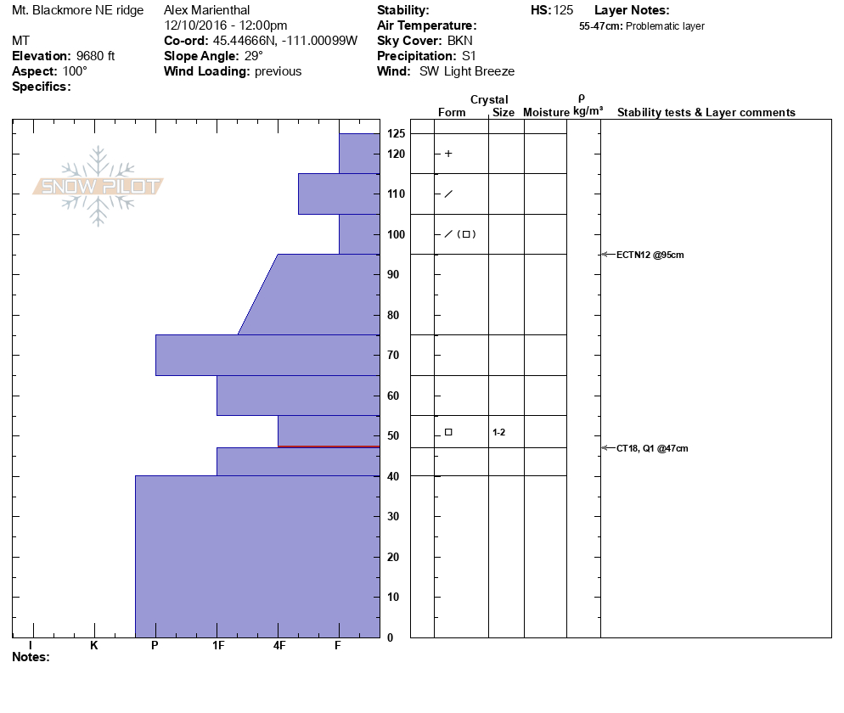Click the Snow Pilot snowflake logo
pos(98,186)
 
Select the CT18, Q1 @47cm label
pos(652,448)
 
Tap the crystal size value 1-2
pos(498,433)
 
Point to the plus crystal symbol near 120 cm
pos(448,154)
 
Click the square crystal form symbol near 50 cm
pos(448,432)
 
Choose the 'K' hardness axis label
pos(94,645)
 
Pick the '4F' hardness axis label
pos(279,645)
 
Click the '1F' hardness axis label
pos(217,645)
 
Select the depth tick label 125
pos(396,134)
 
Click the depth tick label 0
pos(390,637)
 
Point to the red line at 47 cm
pos(329,446)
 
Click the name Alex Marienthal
pos(207,10)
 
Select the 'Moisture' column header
pos(546,113)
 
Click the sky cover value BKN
pos(460,41)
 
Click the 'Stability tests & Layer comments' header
pos(706,113)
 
